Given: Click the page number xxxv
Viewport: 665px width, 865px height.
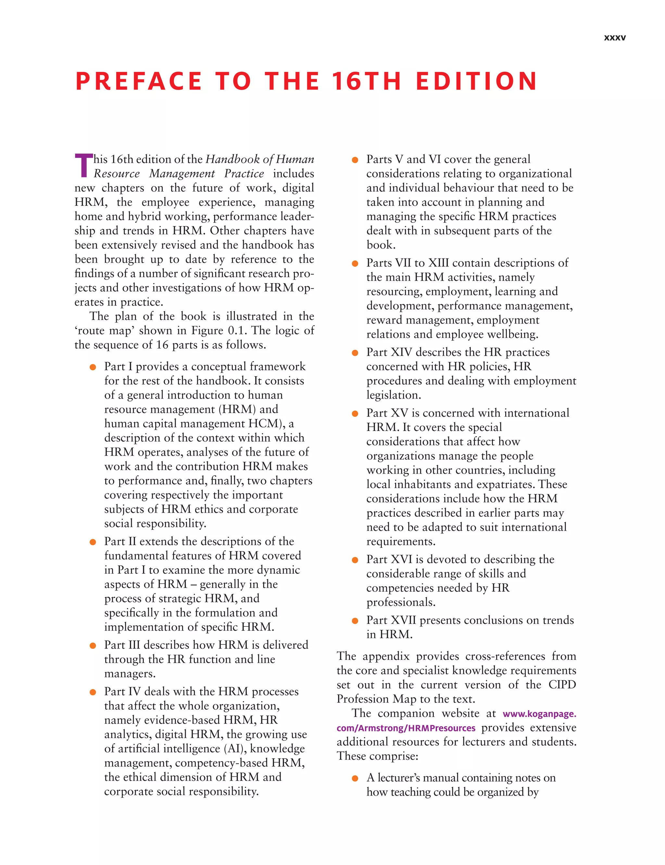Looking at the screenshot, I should coord(614,38).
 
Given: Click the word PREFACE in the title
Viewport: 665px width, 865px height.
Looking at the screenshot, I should coord(139,81).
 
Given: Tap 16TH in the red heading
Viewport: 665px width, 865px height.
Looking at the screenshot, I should coord(367,81).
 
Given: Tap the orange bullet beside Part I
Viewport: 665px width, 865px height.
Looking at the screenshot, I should coord(93,367).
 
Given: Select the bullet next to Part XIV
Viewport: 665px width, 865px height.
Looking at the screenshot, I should coord(355,353).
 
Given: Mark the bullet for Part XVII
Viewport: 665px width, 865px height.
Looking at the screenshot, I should coord(355,621).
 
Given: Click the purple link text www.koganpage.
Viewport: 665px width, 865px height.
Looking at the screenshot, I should coord(539,714).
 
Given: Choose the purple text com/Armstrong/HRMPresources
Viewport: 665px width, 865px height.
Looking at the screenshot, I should coord(406,728).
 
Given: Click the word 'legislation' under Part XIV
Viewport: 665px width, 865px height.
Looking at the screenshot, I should coord(392,395).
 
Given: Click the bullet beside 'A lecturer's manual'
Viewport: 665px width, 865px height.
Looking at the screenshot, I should coord(355,778).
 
